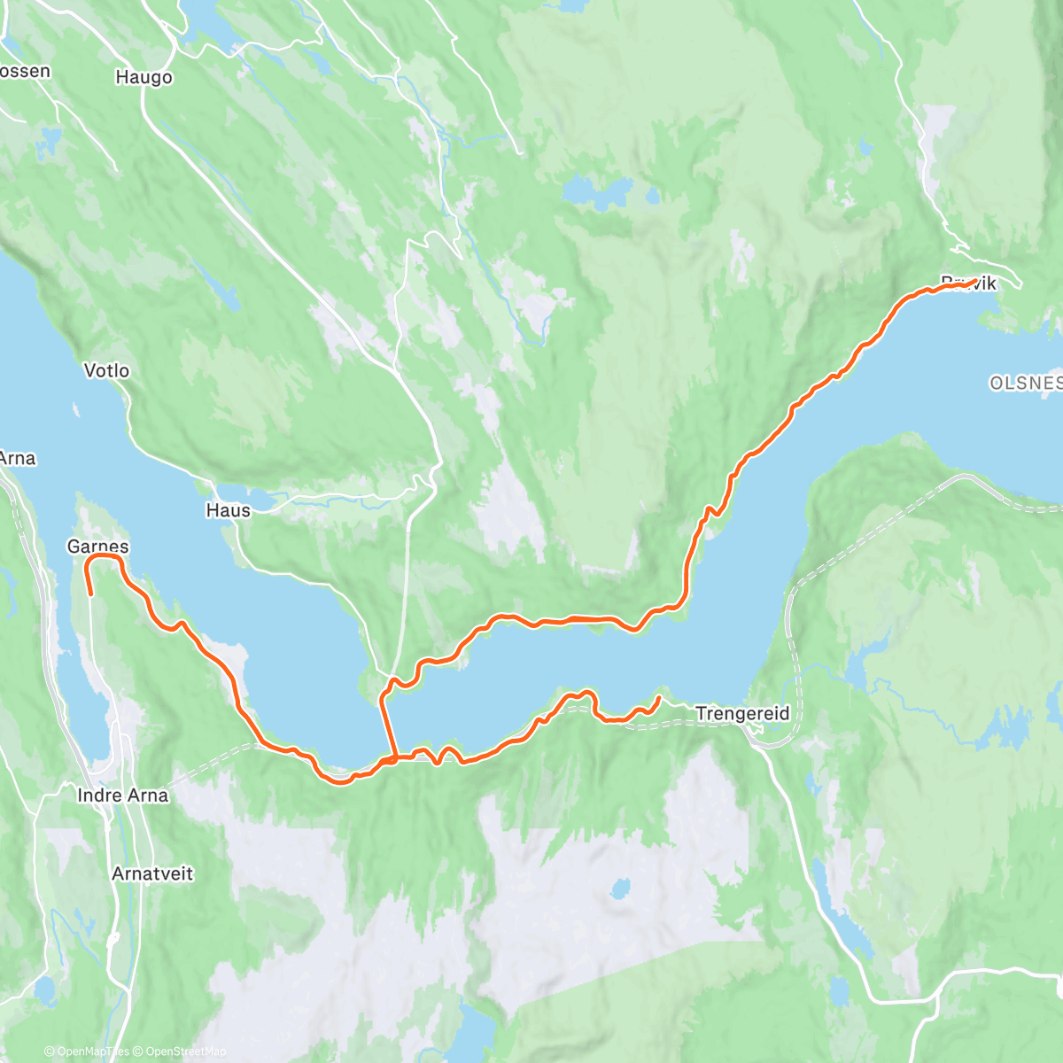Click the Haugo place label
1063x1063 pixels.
[x=144, y=78]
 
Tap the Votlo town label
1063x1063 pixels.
[x=106, y=370]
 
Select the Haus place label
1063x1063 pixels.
[x=228, y=510]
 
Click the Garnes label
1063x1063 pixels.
[x=97, y=547]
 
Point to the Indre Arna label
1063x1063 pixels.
[x=122, y=795]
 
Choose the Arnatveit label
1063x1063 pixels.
[x=152, y=873]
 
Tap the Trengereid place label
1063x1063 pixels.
[x=742, y=713]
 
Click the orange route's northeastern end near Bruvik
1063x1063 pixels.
[x=974, y=281]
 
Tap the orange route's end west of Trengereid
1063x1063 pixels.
[x=659, y=698]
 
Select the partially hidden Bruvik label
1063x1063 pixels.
[x=969, y=283]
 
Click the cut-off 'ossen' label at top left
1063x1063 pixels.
[x=25, y=71]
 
